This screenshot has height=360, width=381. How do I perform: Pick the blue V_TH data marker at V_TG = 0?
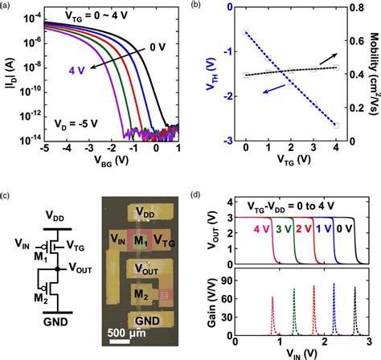[x=245, y=33]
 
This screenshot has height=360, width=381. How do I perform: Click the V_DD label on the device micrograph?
[x=145, y=212]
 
